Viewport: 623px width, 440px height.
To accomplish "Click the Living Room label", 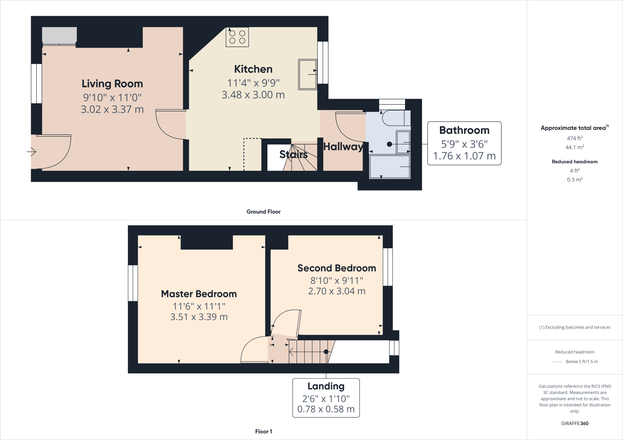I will (x=112, y=84).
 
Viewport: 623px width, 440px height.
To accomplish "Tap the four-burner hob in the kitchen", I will (x=237, y=37).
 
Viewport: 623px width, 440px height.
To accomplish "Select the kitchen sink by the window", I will (x=308, y=74).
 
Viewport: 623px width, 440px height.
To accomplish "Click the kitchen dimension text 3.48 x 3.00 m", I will (x=253, y=95).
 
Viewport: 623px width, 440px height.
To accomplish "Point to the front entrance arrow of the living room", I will (x=32, y=151).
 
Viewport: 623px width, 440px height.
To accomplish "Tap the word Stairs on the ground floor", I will (x=293, y=154).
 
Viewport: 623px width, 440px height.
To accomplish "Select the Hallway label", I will (x=343, y=147).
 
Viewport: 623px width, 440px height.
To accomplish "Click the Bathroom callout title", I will (x=464, y=130).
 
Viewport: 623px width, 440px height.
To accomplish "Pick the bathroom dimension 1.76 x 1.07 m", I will (x=464, y=156).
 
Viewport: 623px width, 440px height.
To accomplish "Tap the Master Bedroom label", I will (x=199, y=294).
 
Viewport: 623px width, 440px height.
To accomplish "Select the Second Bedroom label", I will (x=336, y=268).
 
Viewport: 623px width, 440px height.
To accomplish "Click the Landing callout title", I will (x=326, y=386).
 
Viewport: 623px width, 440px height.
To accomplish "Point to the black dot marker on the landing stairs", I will (x=326, y=352).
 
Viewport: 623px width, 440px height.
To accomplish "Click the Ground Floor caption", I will (x=263, y=212).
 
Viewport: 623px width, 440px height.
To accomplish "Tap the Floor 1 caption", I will (x=263, y=431).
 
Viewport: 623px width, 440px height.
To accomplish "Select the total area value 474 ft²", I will (x=575, y=138).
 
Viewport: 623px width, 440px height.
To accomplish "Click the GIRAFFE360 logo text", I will (x=575, y=423).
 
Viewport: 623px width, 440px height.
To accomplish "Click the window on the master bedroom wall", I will (x=133, y=283).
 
